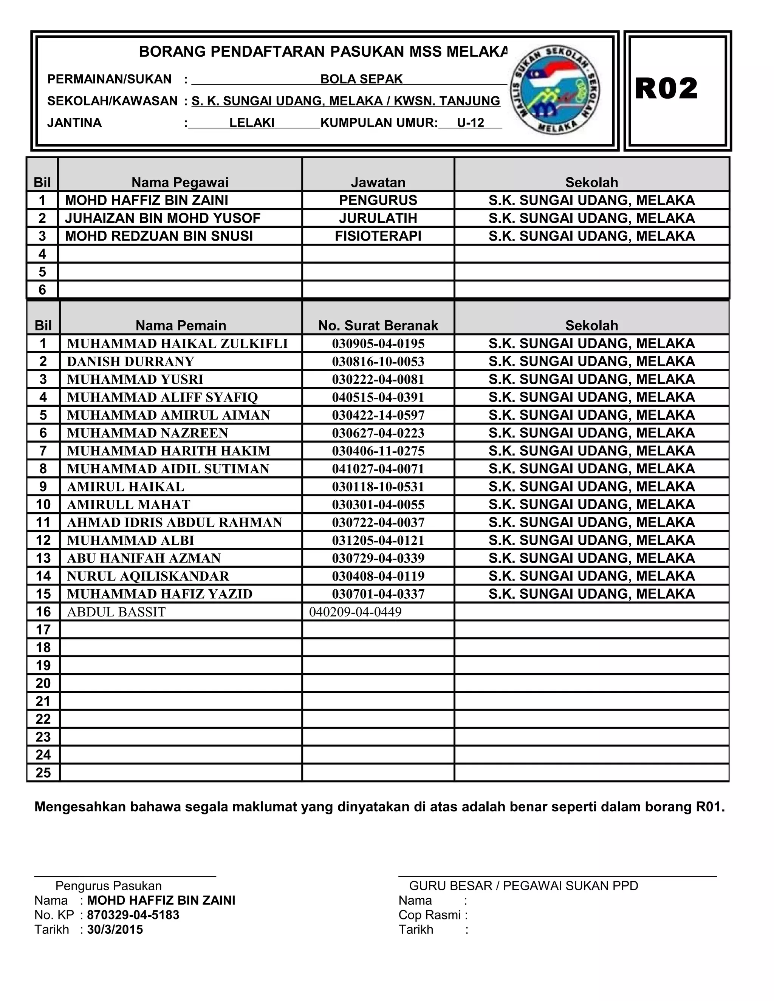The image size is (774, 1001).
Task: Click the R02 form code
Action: pyautogui.click(x=666, y=89)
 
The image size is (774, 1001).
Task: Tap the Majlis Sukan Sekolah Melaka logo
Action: pyautogui.click(x=554, y=90)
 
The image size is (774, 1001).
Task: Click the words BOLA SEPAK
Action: pyautogui.click(x=361, y=79)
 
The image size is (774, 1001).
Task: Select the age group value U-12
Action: pyautogui.click(x=471, y=123)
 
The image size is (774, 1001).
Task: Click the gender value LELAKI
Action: pyautogui.click(x=252, y=123)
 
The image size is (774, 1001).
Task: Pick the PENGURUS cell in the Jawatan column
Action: pyautogui.click(x=378, y=200)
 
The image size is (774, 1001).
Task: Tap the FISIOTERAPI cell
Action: pyautogui.click(x=378, y=236)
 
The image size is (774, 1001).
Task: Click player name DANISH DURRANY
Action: pyautogui.click(x=130, y=361)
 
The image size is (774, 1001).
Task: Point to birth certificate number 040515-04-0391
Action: pyautogui.click(x=378, y=397)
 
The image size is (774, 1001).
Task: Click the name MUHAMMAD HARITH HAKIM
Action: pyautogui.click(x=168, y=451)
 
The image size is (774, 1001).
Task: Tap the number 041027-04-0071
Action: pyautogui.click(x=378, y=469)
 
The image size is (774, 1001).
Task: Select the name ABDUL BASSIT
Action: pyautogui.click(x=116, y=612)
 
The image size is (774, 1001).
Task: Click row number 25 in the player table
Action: pyautogui.click(x=43, y=773)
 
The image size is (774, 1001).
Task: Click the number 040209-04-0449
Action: pyautogui.click(x=355, y=612)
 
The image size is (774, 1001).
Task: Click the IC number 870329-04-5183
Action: pyautogui.click(x=133, y=915)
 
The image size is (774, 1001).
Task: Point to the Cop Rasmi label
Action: pyautogui.click(x=429, y=915)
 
